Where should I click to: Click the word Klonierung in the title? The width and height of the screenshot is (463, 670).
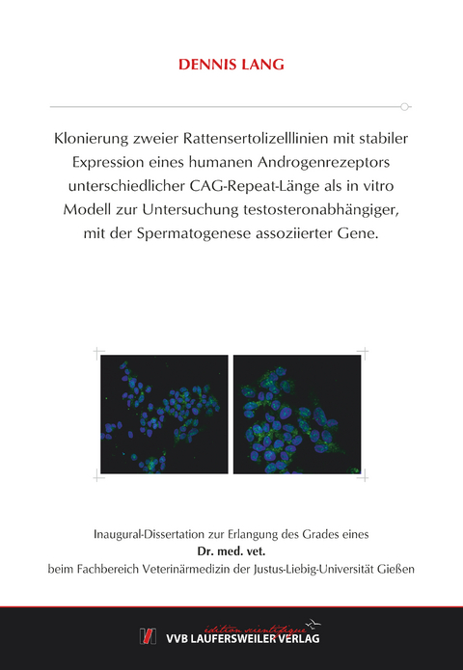90,138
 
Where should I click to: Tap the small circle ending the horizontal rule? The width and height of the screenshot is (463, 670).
406,105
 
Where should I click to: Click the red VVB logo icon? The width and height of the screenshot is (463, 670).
148,635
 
